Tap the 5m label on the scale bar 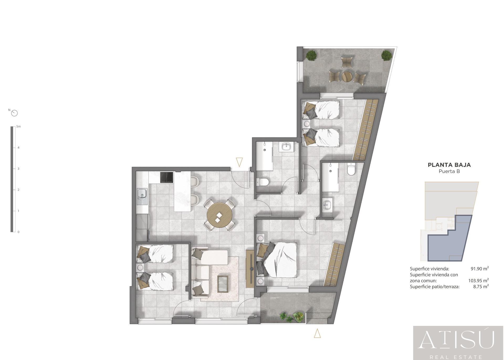pyautogui.click(x=18, y=127)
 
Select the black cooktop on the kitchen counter pyautogui.click(x=167, y=177)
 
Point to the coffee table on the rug pyautogui.click(x=223, y=284)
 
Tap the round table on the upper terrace pyautogui.click(x=347, y=77)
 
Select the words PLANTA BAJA pyautogui.click(x=449, y=165)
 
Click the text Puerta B pyautogui.click(x=449, y=171)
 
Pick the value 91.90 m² pyautogui.click(x=479, y=269)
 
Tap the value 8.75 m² pyautogui.click(x=481, y=286)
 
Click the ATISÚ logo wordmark pyautogui.click(x=456, y=340)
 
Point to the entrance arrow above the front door pyautogui.click(x=239, y=162)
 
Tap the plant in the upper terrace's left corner pyautogui.click(x=311, y=55)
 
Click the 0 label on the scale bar pyautogui.click(x=18, y=232)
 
